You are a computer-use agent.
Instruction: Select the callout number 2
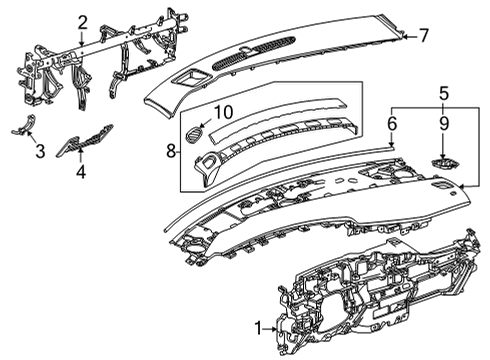[x=82, y=22]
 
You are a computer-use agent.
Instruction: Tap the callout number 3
[x=39, y=151]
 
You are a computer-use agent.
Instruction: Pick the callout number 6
[x=392, y=123]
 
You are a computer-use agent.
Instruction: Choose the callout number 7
[x=424, y=35]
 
